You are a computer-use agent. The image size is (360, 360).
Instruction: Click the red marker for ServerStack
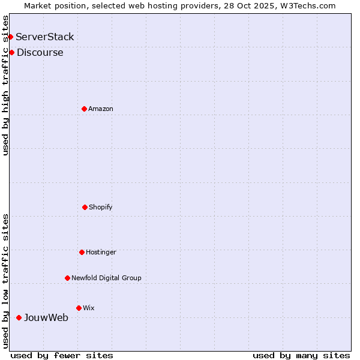pyautogui.click(x=10, y=37)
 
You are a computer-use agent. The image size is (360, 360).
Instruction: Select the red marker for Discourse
pyautogui.click(x=11, y=53)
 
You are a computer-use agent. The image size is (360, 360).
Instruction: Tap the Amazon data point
pyautogui.click(x=84, y=109)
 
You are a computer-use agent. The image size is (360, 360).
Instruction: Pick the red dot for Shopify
pyautogui.click(x=85, y=207)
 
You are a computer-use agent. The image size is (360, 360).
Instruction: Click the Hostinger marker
pyautogui.click(x=82, y=252)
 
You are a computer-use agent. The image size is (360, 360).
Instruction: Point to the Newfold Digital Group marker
pyautogui.click(x=67, y=278)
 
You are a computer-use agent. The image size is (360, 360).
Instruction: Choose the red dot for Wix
pyautogui.click(x=79, y=308)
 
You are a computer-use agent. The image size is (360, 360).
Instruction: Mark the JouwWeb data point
pyautogui.click(x=19, y=317)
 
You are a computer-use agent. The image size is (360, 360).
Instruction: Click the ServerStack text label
pyautogui.click(x=45, y=37)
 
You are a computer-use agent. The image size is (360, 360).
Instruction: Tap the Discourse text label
pyautogui.click(x=40, y=53)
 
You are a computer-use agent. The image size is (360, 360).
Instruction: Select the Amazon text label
pyautogui.click(x=101, y=109)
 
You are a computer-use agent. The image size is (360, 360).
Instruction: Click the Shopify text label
pyautogui.click(x=101, y=207)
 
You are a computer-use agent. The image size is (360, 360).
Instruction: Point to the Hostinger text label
pyautogui.click(x=101, y=252)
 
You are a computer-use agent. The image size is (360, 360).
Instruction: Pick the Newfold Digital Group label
pyautogui.click(x=106, y=278)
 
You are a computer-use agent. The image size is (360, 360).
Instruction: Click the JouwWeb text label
pyautogui.click(x=46, y=317)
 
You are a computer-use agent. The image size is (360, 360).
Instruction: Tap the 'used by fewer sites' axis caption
pyautogui.click(x=62, y=355)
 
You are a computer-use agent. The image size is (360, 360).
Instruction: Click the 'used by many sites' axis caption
pyautogui.click(x=301, y=355)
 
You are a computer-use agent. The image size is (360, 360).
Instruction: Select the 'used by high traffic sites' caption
pyautogui.click(x=5, y=85)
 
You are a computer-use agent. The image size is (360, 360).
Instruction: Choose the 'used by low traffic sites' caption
pyautogui.click(x=5, y=281)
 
